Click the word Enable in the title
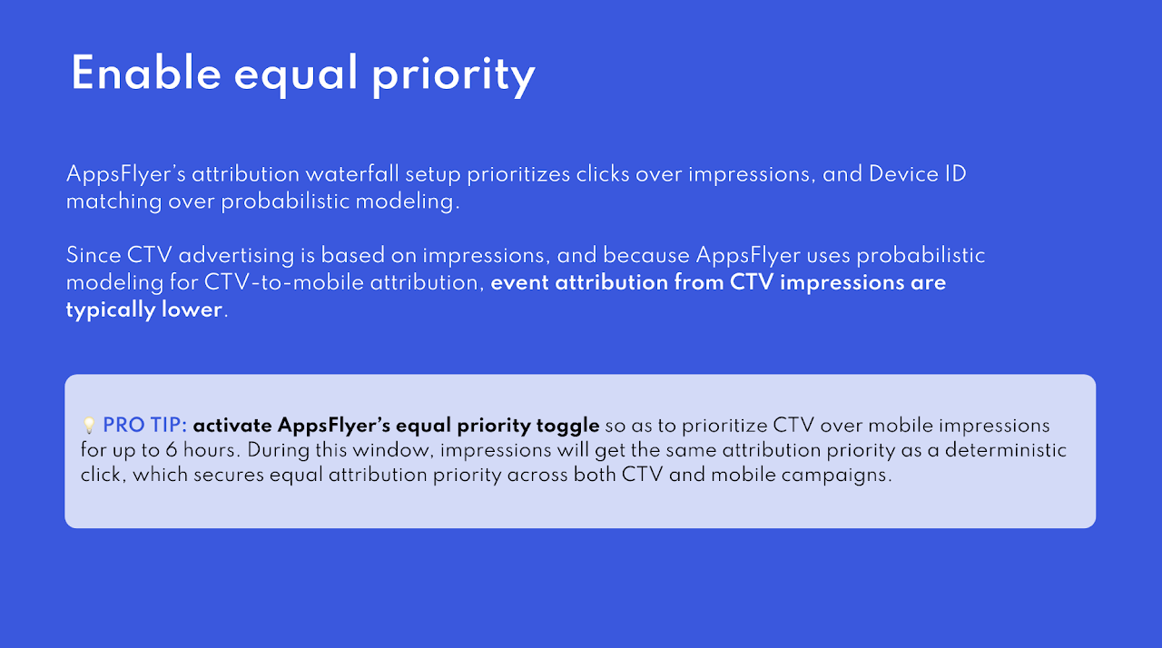[x=146, y=74]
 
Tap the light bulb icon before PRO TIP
[x=89, y=425]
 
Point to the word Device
[x=903, y=173]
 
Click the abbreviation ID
[x=956, y=173]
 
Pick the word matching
[x=114, y=201]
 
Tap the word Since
[x=94, y=255]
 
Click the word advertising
[x=237, y=256]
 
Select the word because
[x=646, y=255]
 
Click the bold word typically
[x=111, y=310]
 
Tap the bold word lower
[x=192, y=309]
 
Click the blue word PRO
[x=123, y=425]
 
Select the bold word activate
[x=232, y=426]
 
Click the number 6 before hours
[x=172, y=450]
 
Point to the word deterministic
[x=1005, y=450]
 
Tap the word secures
[x=229, y=475]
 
